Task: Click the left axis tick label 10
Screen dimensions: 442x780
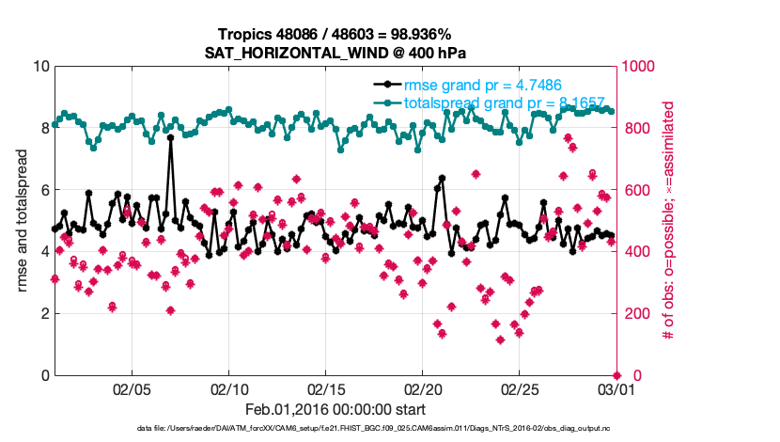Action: coord(39,67)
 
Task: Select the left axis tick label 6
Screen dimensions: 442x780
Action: coord(44,190)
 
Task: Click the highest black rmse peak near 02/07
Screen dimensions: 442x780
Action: coord(170,137)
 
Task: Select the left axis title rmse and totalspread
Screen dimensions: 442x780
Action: coord(21,220)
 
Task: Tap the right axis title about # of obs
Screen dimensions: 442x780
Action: coord(669,220)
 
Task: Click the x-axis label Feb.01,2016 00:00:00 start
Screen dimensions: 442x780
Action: coord(335,409)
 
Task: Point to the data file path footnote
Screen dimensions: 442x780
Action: coord(335,429)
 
